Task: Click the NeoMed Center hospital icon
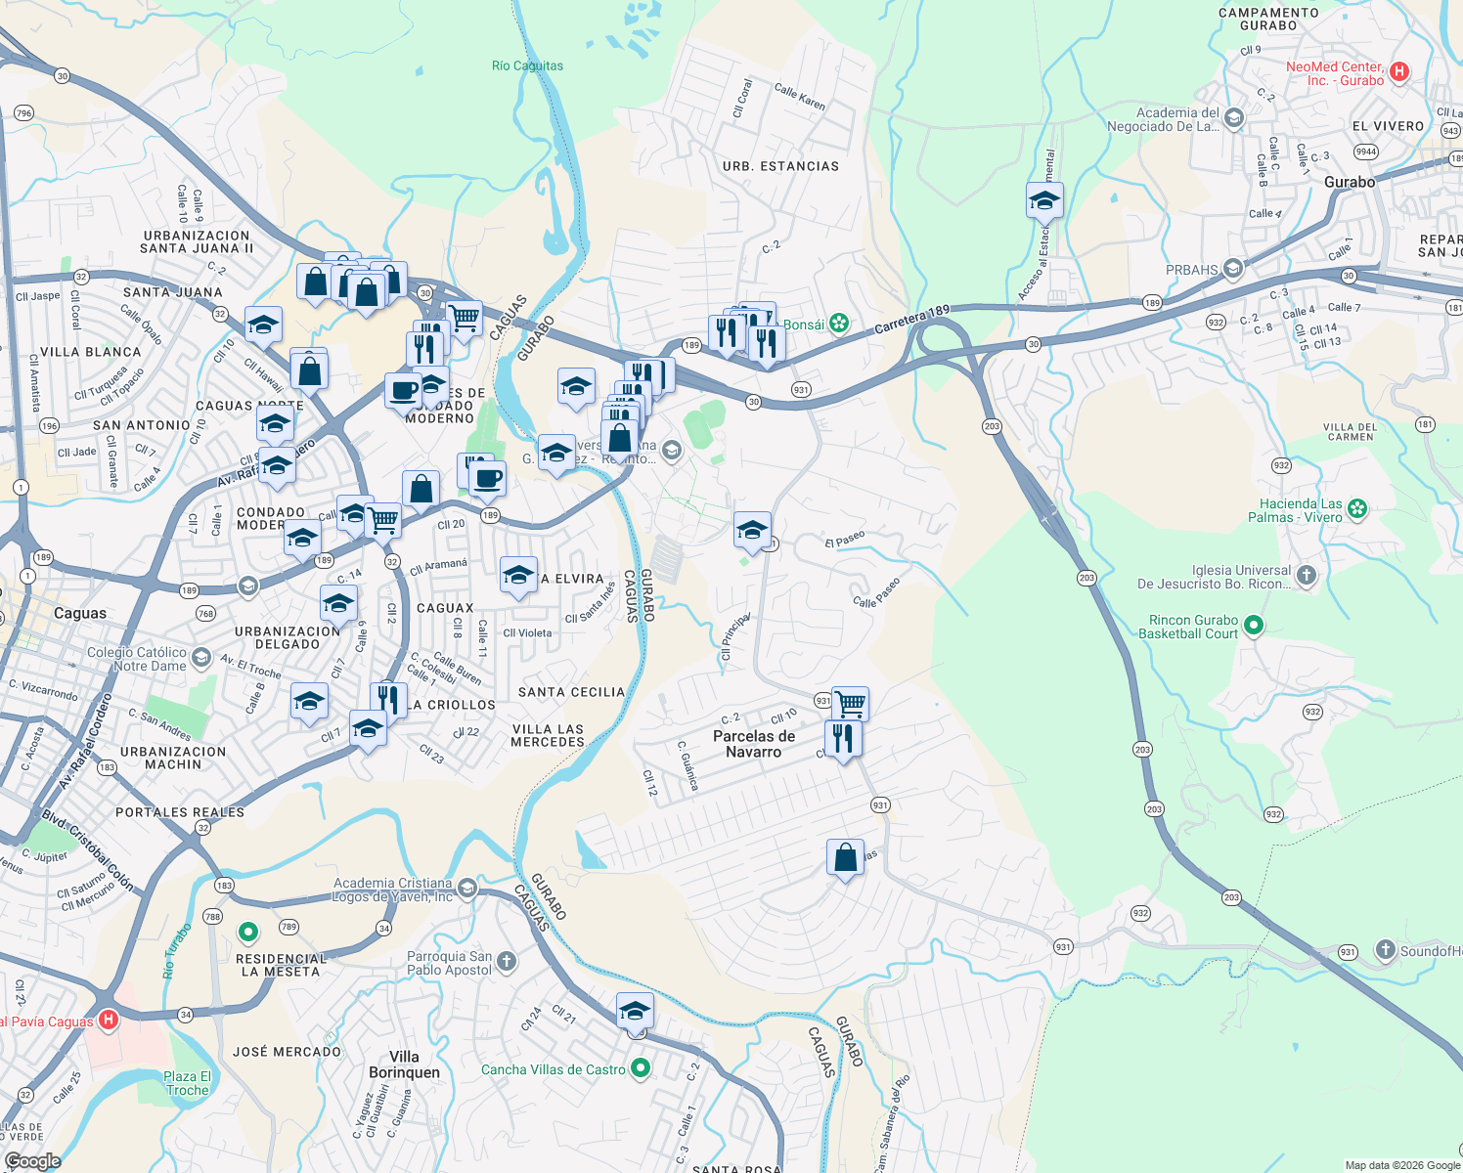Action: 1398,71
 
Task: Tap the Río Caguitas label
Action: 527,66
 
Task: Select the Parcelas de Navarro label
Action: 753,744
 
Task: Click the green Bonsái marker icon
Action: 839,324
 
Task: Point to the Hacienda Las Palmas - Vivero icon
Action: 1356,508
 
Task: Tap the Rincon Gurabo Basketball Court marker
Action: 1254,625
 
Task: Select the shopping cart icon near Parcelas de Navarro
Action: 850,702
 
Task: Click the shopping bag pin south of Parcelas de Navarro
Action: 845,858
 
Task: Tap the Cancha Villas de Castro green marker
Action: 640,1068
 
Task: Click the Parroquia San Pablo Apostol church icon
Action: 506,961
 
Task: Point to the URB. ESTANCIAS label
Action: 780,166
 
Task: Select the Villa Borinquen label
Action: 404,1064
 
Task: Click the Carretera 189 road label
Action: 911,320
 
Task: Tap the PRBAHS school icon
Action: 1233,269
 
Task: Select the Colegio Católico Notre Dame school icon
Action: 201,657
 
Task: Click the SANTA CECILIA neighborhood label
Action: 571,692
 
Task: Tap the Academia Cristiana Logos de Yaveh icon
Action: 467,888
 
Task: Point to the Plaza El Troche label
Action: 187,1083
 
